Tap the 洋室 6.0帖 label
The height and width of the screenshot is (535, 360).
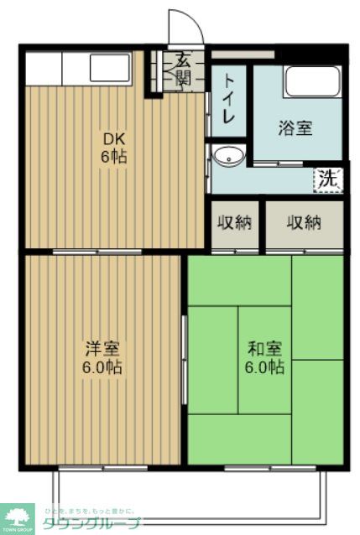click(103, 357)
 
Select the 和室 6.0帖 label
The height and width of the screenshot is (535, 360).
click(265, 357)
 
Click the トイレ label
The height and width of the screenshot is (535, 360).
click(228, 101)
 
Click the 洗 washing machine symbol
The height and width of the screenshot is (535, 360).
click(329, 179)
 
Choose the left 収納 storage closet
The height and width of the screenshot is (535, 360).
click(235, 222)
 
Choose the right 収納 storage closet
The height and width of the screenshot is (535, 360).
click(304, 222)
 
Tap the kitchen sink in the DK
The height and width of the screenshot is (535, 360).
click(109, 67)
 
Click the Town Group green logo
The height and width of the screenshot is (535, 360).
click(18, 518)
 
